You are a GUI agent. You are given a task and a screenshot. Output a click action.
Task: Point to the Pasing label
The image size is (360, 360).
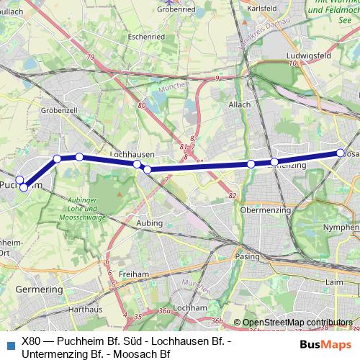(248, 256)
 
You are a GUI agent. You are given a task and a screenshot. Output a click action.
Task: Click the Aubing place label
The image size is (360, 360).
(148, 224)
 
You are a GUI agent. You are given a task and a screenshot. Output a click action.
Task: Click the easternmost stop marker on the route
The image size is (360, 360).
(341, 153)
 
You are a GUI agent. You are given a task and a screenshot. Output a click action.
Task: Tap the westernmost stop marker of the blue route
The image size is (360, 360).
(20, 180)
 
